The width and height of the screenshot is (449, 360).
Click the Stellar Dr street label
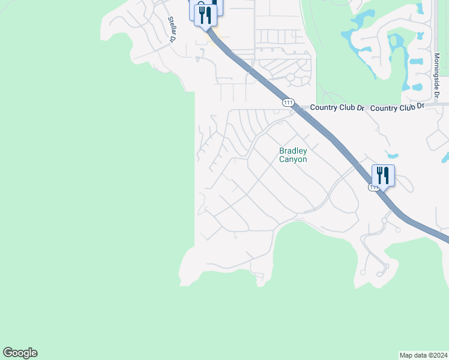(x=171, y=29)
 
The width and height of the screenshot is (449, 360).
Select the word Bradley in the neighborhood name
(x=293, y=151)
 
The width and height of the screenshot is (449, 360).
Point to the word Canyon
(x=293, y=160)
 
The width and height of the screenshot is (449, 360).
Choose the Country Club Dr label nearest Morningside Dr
(x=397, y=107)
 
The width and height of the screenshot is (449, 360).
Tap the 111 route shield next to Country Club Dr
(x=288, y=103)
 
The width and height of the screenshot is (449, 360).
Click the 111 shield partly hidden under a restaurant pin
(x=373, y=187)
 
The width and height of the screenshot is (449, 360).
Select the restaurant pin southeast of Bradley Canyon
(x=383, y=175)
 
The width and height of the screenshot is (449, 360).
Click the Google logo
(x=20, y=353)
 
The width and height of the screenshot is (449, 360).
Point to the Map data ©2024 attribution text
(x=423, y=355)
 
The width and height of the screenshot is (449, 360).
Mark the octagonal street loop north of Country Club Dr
(x=291, y=77)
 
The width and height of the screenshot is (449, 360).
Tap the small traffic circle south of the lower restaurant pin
(x=384, y=220)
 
